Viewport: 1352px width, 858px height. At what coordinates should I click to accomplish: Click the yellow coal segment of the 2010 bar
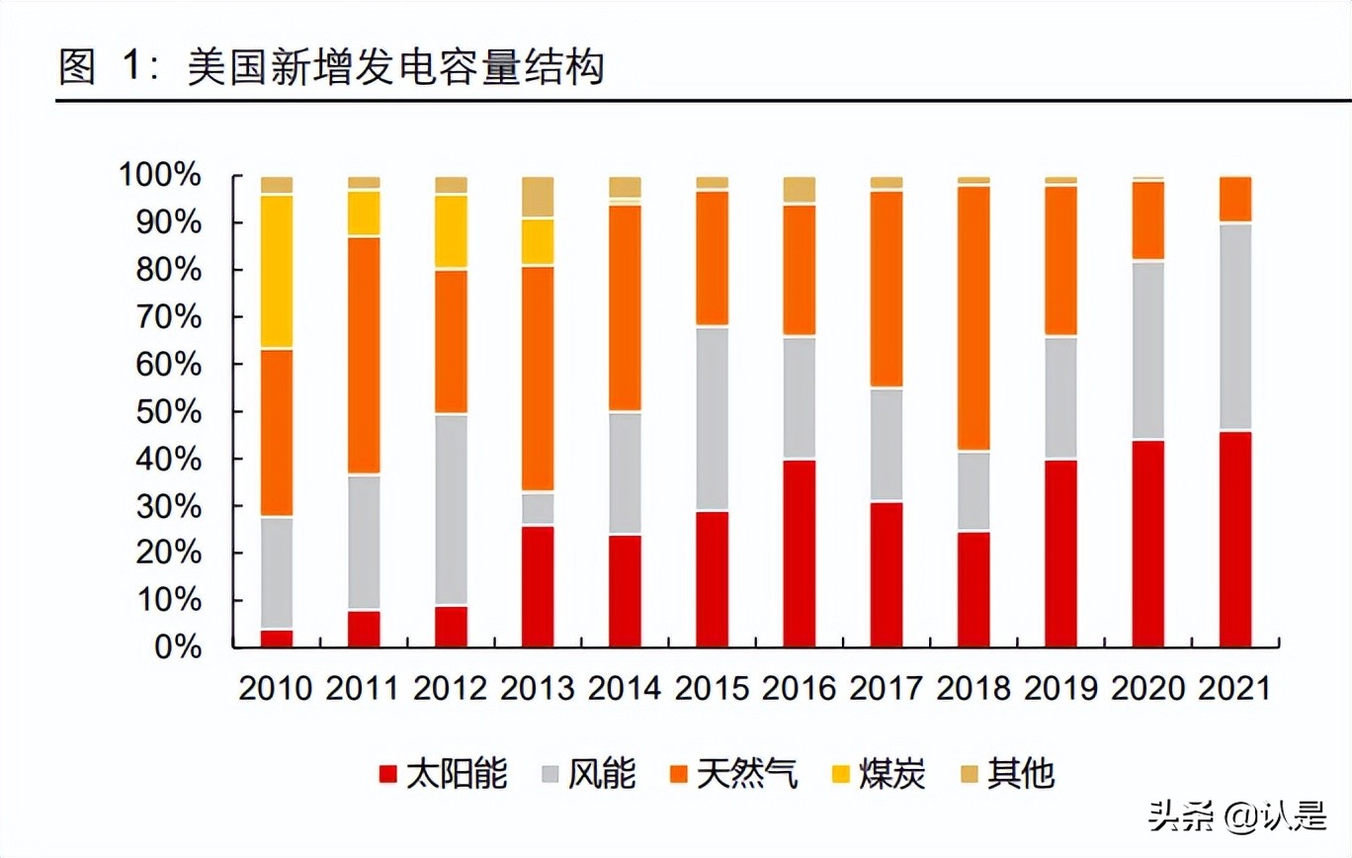(x=277, y=272)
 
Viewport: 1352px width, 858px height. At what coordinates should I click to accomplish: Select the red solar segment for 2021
(x=1234, y=539)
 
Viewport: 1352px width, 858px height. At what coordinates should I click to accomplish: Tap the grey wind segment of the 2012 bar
(x=451, y=510)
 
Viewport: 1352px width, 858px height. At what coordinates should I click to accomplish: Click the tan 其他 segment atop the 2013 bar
(x=538, y=198)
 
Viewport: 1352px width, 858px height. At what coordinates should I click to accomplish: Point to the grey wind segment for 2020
(x=1147, y=351)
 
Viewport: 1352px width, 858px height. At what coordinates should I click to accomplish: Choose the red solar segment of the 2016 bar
(x=800, y=554)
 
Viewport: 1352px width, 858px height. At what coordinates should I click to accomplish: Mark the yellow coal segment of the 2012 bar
(x=451, y=231)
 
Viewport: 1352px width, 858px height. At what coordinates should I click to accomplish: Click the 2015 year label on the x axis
(x=711, y=689)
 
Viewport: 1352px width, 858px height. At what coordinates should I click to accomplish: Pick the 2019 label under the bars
(x=1059, y=689)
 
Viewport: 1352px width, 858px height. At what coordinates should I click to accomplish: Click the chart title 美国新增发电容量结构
(x=395, y=69)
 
